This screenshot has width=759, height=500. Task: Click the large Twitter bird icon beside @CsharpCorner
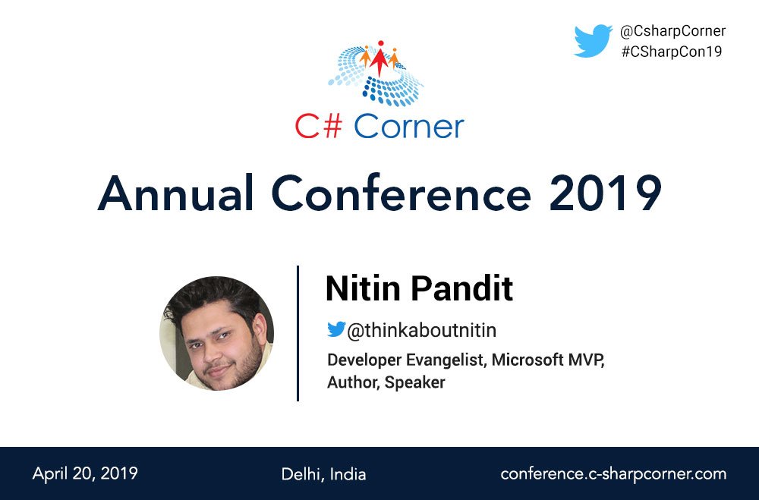click(x=593, y=41)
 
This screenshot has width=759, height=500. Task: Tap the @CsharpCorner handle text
click(x=672, y=31)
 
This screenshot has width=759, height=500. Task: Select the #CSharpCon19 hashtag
click(x=670, y=52)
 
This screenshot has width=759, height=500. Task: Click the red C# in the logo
click(x=320, y=126)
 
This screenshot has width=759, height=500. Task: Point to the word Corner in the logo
click(x=409, y=126)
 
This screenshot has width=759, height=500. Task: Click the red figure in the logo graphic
click(x=379, y=55)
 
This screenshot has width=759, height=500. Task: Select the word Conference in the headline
click(x=402, y=193)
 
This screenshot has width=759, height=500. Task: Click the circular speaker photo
click(x=216, y=333)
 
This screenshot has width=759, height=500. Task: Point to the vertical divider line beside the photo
click(x=298, y=333)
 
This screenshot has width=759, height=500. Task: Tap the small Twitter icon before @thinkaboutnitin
click(x=335, y=330)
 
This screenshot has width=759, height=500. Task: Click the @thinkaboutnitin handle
click(x=421, y=331)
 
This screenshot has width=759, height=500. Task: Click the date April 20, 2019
click(x=85, y=474)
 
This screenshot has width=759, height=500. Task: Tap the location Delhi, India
click(x=323, y=475)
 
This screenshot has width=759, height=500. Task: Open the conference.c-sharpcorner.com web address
click(x=613, y=474)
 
